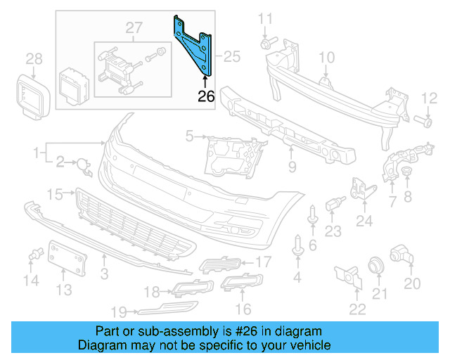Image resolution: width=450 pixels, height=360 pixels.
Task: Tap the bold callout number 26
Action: [206, 96]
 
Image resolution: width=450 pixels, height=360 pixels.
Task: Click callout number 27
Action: [134, 28]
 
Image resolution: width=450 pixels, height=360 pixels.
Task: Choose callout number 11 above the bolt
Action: [266, 18]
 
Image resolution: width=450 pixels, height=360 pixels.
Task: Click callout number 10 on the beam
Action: [328, 57]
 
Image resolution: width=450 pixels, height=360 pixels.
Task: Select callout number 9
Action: [292, 167]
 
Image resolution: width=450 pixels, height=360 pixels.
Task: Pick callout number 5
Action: [189, 135]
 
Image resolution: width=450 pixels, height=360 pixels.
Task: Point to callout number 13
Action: [64, 289]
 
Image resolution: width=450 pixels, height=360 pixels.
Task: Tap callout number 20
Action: [412, 283]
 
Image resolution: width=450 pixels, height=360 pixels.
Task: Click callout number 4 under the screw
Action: [297, 278]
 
